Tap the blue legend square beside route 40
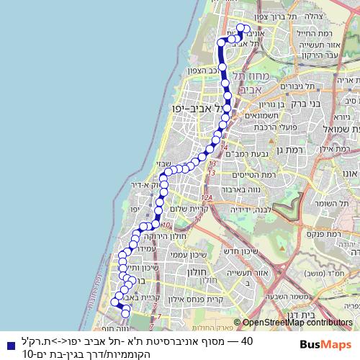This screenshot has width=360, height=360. pos(6,344)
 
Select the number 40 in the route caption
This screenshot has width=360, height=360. pos(246,340)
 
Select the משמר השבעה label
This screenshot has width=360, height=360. pos(270,295)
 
